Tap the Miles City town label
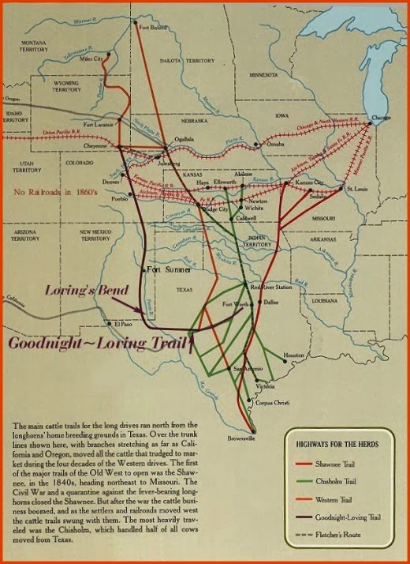92,59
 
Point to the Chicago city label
380,118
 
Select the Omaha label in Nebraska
275,145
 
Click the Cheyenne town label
95,145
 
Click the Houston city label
294,355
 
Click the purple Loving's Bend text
88,291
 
